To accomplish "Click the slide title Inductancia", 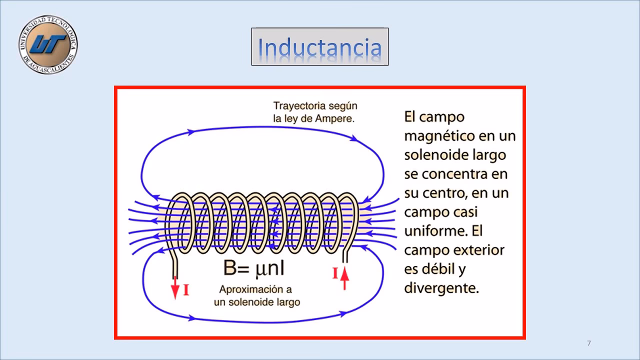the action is click(319, 47).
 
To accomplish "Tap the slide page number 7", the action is click(589, 343).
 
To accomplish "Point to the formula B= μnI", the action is click(254, 268).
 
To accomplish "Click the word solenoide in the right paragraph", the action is click(435, 155).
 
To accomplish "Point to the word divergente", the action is click(440, 288).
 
